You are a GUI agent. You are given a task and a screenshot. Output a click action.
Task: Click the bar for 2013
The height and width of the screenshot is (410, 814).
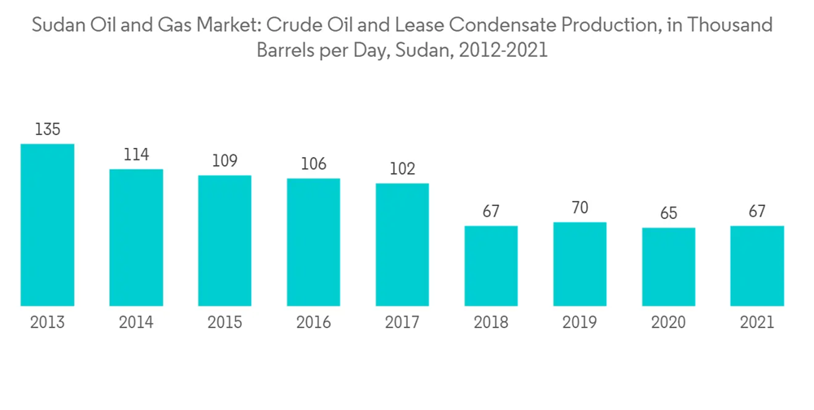click(x=47, y=225)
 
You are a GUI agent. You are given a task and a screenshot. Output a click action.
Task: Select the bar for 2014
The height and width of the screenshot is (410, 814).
click(x=136, y=238)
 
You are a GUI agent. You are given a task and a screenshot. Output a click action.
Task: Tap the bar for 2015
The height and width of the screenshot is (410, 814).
click(x=225, y=241)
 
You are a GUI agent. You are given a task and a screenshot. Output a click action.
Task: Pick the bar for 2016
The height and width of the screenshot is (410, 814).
click(x=313, y=242)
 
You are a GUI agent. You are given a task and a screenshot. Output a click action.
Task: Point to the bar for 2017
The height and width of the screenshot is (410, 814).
click(x=402, y=245)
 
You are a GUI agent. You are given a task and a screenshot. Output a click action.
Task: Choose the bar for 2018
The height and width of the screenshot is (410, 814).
click(x=491, y=266)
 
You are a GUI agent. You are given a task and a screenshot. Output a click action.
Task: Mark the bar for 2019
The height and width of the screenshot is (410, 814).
click(x=580, y=264)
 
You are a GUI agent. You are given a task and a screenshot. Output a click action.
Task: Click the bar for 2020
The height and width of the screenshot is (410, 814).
click(x=668, y=267)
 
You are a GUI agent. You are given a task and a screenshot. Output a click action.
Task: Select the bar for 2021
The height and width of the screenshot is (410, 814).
click(x=757, y=266)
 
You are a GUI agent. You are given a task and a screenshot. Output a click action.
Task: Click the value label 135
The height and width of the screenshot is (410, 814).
click(x=47, y=129)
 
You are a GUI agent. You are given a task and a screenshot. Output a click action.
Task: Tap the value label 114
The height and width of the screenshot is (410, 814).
click(x=136, y=155)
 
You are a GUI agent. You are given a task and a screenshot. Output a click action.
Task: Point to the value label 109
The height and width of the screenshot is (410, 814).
click(x=225, y=160)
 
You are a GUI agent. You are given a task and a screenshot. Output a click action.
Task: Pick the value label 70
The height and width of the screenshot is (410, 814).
click(x=580, y=207)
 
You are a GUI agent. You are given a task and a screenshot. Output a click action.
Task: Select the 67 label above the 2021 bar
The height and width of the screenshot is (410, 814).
click(x=757, y=212)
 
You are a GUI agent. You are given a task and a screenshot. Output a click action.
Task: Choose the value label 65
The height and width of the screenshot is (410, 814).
click(x=668, y=213)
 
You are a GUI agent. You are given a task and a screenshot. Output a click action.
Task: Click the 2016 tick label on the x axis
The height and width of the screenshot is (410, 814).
click(x=313, y=323)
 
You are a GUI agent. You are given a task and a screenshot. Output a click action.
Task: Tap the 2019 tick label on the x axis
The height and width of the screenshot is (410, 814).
click(x=580, y=323)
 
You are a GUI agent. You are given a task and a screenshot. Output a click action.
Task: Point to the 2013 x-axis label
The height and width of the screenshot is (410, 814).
click(x=47, y=323)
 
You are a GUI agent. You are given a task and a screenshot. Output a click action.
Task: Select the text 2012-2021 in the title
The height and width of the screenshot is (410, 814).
click(x=503, y=50)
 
